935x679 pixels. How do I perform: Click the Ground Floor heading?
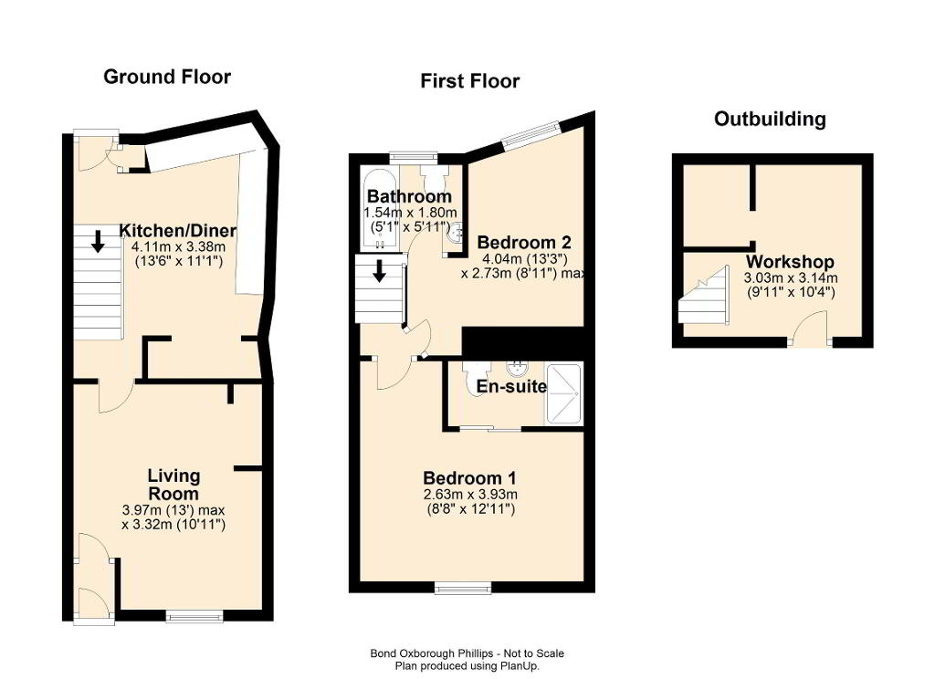pos(167,77)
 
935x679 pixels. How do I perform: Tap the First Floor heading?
pos(470,81)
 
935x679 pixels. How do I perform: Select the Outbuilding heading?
pos(770,120)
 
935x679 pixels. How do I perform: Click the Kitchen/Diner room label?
pos(178,231)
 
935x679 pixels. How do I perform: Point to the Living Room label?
pos(173,485)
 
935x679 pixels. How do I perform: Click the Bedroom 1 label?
pos(470,478)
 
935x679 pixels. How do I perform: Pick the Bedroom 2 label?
pos(524,243)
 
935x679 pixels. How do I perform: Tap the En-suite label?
pos(511,387)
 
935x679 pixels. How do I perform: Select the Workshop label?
pos(790,262)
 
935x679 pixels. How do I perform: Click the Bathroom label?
pos(409,196)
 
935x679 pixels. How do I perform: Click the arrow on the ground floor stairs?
pos(97,241)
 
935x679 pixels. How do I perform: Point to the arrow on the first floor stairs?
pos(379,271)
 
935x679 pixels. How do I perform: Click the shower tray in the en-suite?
pos(563,394)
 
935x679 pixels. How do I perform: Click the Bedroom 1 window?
pos(463,588)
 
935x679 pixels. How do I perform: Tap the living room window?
pos(194,616)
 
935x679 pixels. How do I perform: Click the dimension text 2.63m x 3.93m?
pos(470,495)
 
